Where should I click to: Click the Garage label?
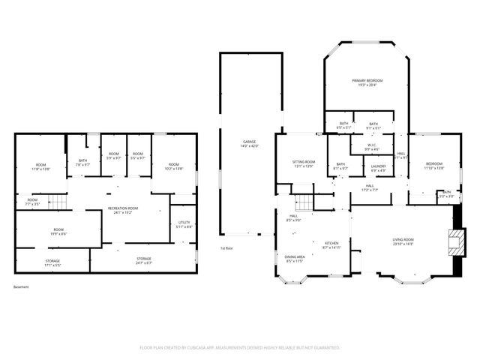(x=249, y=143)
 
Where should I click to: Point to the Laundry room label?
(x=378, y=168)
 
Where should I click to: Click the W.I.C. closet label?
(x=372, y=147)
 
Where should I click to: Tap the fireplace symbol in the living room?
(x=453, y=241)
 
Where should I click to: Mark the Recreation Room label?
(x=123, y=209)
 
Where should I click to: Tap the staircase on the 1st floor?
(x=303, y=202)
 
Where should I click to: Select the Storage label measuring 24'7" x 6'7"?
(x=143, y=262)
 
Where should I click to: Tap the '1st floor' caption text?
(x=227, y=247)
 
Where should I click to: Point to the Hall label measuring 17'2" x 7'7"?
(x=370, y=187)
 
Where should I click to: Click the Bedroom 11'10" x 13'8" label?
(x=434, y=166)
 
